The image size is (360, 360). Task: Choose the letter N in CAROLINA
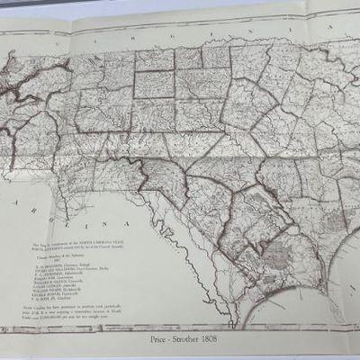tap(105, 223)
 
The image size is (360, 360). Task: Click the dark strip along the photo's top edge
tap(180, 3)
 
